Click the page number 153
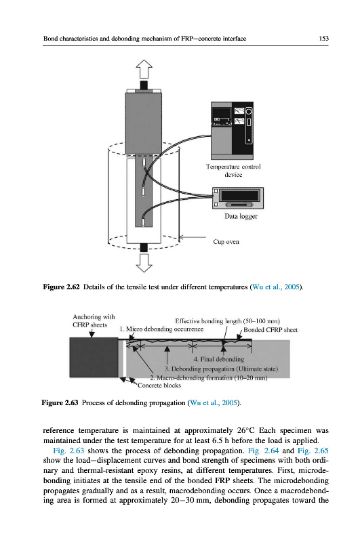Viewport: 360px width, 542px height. (x=323, y=39)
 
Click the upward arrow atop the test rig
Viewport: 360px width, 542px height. (x=144, y=69)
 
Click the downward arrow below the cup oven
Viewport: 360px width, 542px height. (x=144, y=263)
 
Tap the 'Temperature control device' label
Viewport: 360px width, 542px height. (x=233, y=171)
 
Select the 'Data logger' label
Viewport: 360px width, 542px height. (x=241, y=216)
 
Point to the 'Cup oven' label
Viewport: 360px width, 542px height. (x=226, y=242)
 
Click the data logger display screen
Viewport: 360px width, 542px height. (x=239, y=196)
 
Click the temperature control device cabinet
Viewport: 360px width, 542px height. (x=232, y=130)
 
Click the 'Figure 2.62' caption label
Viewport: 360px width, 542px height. (x=61, y=287)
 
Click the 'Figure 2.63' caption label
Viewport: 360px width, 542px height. (x=60, y=402)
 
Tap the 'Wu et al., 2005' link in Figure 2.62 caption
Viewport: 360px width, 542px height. (x=276, y=287)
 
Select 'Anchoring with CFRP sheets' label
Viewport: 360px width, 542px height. (x=94, y=320)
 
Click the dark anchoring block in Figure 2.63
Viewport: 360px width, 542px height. (x=94, y=358)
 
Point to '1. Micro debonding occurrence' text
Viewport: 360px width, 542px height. (x=161, y=329)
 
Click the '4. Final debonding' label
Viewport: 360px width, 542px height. (x=218, y=359)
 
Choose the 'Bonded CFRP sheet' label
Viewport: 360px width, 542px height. (x=271, y=330)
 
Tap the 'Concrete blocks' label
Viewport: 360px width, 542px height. (x=159, y=385)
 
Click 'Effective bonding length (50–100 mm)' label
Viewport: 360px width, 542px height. (x=227, y=321)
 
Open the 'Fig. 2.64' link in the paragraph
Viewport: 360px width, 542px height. (x=263, y=451)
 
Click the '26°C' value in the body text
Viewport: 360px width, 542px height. (x=245, y=431)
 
